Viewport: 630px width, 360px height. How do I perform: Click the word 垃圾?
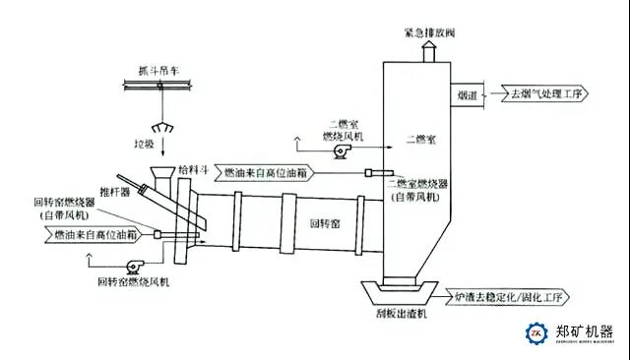pyautogui.click(x=158, y=144)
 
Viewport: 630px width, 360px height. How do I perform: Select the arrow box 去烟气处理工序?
pyautogui.click(x=544, y=95)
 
